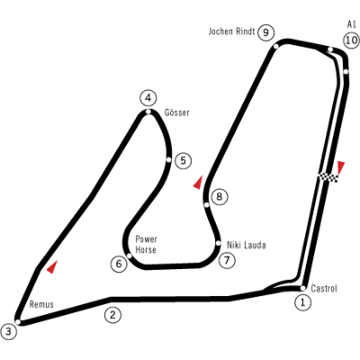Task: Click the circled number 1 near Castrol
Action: pos(302,302)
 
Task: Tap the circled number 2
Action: pos(112,315)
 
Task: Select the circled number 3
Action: pos(9,331)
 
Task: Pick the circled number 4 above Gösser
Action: pos(148,98)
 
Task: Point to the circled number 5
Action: pos(183,160)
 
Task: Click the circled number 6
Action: pos(119,264)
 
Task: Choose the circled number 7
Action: pos(227,260)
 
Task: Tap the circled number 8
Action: pos(220,197)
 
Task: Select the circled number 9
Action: pos(265,32)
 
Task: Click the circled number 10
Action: pos(351,40)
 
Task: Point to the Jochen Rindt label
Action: pos(231,31)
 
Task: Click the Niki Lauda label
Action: pos(247,245)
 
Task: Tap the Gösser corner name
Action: pos(177,112)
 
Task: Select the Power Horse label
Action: pos(146,245)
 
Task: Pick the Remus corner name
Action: pos(41,304)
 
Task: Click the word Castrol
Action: pos(324,288)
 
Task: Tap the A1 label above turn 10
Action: pos(351,24)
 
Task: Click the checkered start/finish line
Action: pos(328,177)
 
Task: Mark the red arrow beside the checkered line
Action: pos(341,167)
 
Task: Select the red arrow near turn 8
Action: pos(198,183)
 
